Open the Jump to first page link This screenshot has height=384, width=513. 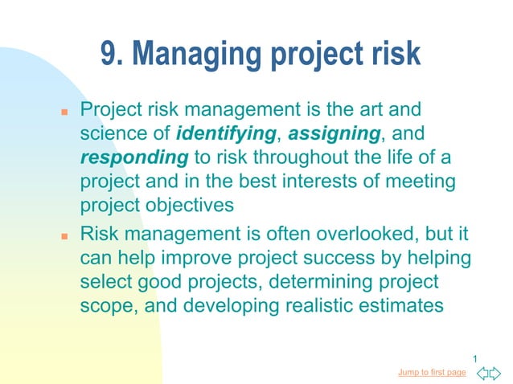432,372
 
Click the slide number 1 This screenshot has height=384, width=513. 475,358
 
